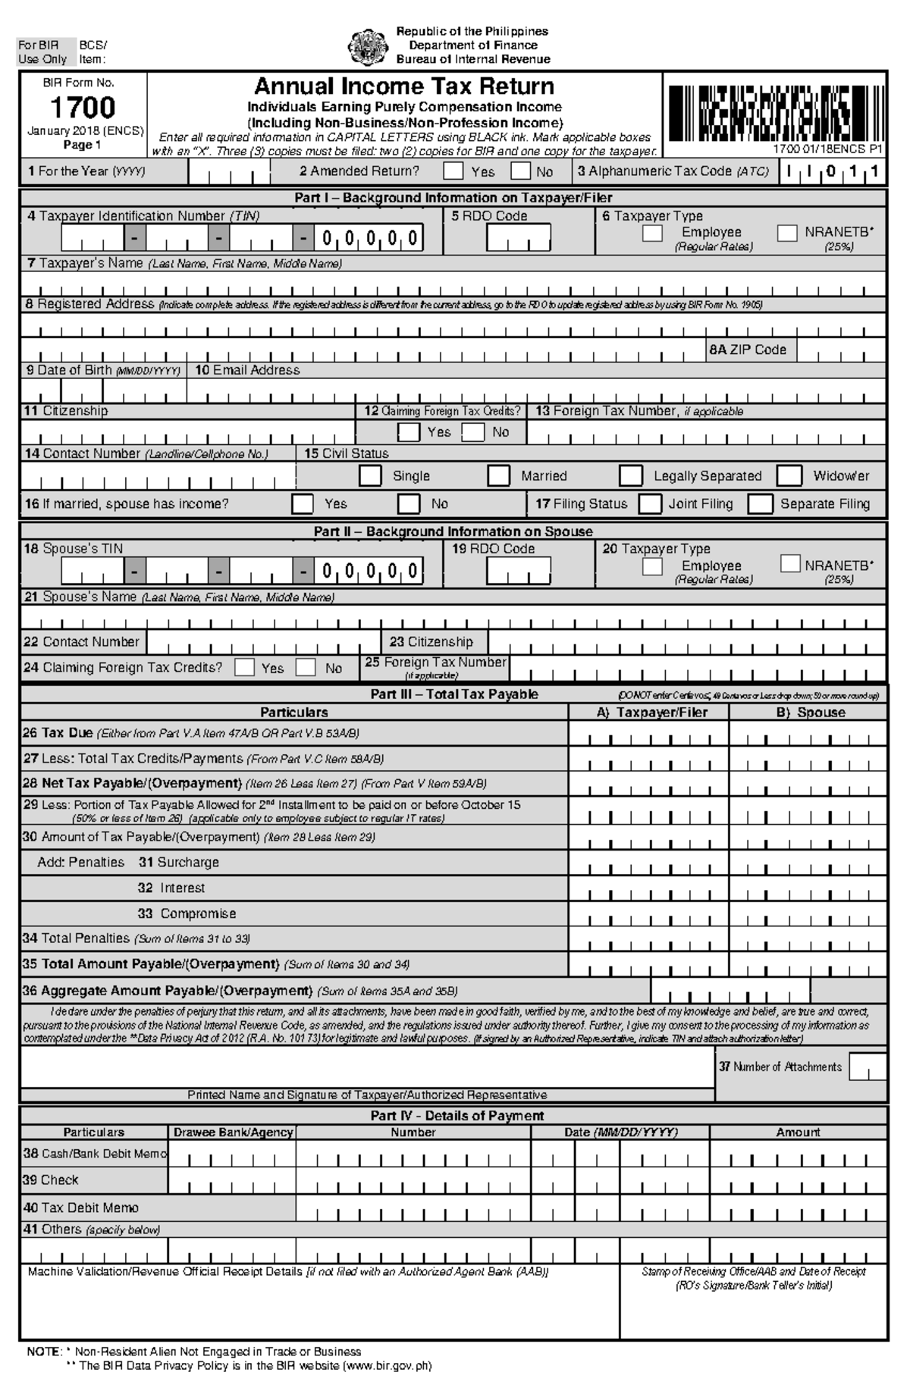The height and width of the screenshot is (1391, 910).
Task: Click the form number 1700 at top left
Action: tap(83, 107)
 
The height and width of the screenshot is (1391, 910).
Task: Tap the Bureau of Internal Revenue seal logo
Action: tap(368, 46)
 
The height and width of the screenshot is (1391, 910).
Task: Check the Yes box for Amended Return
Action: tap(453, 171)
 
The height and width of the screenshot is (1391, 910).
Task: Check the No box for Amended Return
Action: tap(520, 171)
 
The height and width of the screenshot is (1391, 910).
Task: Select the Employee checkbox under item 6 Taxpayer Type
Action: tap(652, 233)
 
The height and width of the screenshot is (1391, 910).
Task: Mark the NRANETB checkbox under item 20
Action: tap(790, 564)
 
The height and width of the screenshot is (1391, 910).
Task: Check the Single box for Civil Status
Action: tap(370, 476)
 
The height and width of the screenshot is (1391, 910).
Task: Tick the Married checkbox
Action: tap(498, 476)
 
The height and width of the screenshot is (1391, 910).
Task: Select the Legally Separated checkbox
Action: tap(631, 476)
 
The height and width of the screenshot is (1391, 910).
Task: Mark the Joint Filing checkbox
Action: tap(650, 504)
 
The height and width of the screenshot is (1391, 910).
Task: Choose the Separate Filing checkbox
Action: tap(761, 504)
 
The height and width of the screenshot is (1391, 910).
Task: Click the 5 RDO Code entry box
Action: tap(519, 239)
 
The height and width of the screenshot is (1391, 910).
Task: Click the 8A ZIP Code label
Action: tap(747, 350)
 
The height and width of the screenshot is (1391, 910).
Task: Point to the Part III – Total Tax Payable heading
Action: tap(453, 694)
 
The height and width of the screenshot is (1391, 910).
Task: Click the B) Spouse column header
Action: tap(810, 713)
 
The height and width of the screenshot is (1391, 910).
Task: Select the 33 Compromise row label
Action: tap(187, 914)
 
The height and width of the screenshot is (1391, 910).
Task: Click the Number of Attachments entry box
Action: tap(868, 1067)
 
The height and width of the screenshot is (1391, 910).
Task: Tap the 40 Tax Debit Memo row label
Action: tap(81, 1208)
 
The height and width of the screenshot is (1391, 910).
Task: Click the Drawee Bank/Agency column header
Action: tap(233, 1133)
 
